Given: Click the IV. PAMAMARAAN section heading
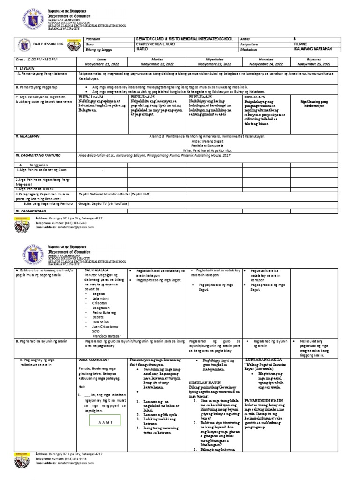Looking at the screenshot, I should [x=34, y=212].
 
